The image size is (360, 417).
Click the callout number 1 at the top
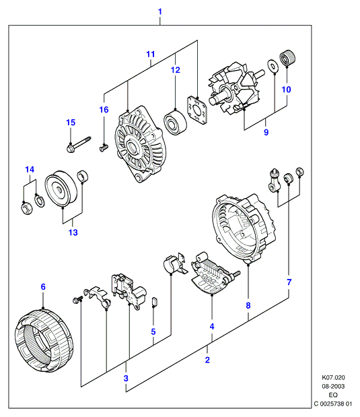coord(160,12)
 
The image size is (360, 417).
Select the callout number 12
coord(176,70)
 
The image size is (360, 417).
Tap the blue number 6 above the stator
coord(43,287)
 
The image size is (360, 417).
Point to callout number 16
coord(104,110)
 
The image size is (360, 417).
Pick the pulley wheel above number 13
coord(61,189)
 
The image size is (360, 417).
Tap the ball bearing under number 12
coord(175,122)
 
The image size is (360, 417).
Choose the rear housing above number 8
coord(244,228)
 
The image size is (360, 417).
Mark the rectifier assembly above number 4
coord(215,274)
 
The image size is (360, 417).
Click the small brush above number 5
coord(154,301)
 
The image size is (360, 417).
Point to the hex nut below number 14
coord(26,208)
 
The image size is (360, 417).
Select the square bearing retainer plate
coord(197,110)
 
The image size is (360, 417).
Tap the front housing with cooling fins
coord(140,144)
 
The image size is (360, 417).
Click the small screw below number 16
coord(104,148)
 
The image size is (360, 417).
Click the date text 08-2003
coord(333,386)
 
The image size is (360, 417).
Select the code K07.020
coord(333,377)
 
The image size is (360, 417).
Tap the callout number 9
coord(266,132)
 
